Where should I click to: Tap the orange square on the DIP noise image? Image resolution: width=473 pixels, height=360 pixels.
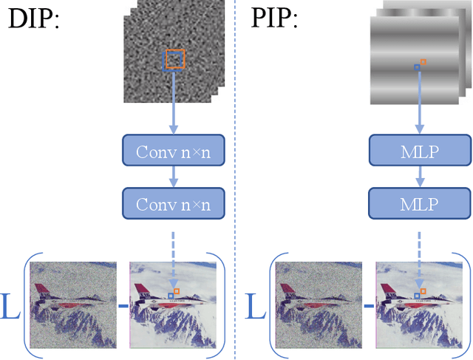[175, 59]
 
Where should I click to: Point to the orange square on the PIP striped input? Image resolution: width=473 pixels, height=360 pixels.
[423, 62]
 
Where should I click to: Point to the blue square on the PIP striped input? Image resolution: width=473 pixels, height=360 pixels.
[417, 67]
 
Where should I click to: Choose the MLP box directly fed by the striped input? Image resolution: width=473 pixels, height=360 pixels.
[421, 152]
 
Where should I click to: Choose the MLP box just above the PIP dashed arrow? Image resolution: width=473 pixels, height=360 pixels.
[421, 202]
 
